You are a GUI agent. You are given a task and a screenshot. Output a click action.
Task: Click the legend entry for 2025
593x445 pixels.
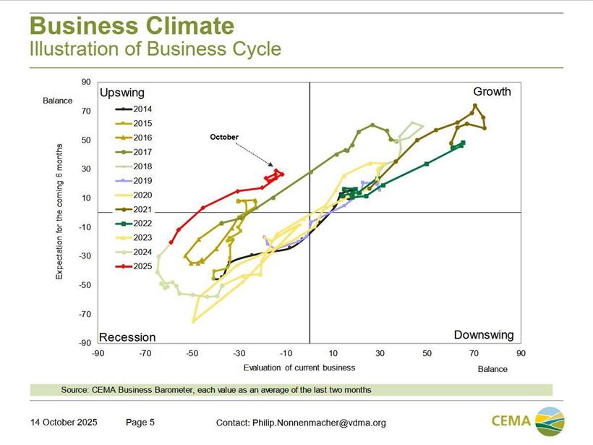[133, 267]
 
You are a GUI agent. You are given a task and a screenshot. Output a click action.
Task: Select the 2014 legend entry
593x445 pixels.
[133, 109]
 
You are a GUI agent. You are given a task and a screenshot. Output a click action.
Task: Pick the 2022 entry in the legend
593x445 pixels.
[133, 224]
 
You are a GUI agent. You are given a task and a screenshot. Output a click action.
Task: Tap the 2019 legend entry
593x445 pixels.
[133, 181]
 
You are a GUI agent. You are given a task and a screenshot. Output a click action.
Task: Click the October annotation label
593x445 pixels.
[224, 137]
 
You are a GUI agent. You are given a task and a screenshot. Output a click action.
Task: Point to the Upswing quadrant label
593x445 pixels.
[122, 93]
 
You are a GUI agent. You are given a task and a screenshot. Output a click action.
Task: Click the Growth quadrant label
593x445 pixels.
[492, 92]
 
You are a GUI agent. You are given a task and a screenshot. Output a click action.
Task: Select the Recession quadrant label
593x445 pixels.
[127, 337]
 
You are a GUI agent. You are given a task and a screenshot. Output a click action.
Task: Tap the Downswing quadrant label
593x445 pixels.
[483, 335]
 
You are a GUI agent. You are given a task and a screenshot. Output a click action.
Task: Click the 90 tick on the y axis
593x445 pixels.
[86, 82]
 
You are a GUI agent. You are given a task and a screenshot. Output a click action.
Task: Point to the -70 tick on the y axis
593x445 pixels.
[85, 314]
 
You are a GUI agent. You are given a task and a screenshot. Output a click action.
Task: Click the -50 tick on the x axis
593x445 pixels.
[192, 354]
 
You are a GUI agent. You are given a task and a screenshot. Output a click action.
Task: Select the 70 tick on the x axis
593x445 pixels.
[474, 354]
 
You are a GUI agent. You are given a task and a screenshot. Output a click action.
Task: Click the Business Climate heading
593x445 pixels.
[132, 27]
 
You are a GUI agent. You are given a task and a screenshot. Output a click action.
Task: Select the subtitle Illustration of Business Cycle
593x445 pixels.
[155, 49]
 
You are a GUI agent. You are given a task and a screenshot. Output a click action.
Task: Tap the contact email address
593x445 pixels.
[319, 423]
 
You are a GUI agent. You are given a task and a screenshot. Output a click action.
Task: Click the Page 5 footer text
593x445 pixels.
[140, 422]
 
